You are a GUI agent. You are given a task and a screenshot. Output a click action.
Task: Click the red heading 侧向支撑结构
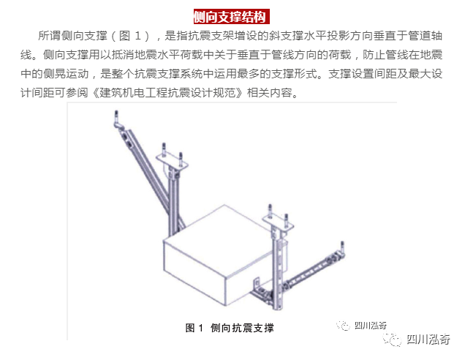231,17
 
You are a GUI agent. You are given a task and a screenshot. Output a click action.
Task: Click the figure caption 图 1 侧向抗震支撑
230,328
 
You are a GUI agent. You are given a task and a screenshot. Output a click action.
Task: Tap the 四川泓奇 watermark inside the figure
361,326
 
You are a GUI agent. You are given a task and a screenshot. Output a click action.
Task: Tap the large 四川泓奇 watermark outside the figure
416,339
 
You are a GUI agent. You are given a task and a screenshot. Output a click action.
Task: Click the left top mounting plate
172,162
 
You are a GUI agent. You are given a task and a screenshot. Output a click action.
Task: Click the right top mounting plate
278,222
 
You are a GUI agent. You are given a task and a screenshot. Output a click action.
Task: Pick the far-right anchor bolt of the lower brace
342,249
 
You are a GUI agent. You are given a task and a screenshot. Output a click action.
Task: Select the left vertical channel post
173,202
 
